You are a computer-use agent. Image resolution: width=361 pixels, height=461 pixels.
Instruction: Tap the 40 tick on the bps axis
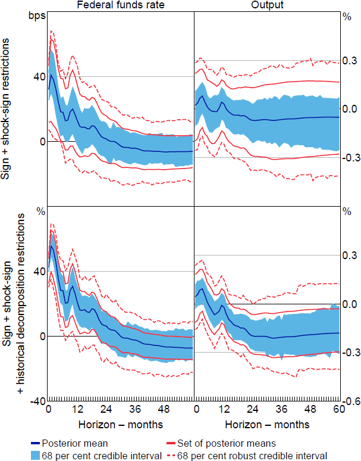click(39, 76)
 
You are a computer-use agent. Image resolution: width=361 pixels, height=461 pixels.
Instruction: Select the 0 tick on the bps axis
click(42, 141)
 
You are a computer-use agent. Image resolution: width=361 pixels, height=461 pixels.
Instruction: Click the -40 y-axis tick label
click(37, 401)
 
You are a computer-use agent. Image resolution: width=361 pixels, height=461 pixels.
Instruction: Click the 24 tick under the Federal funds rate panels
click(106, 411)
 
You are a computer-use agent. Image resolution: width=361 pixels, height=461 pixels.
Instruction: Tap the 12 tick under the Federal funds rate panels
click(77, 411)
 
